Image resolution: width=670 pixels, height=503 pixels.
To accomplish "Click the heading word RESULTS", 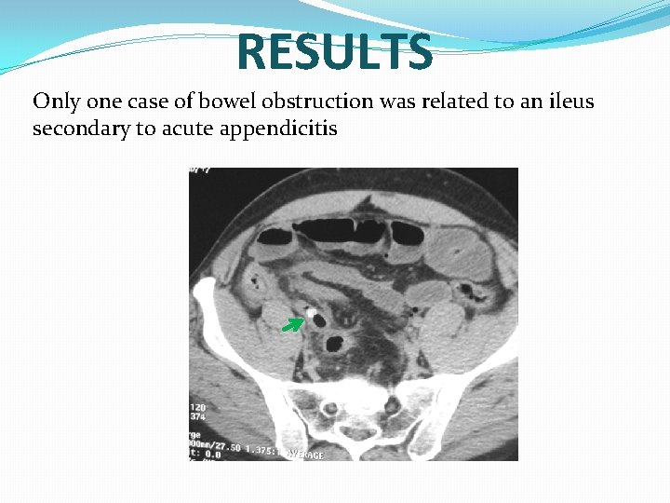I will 334,52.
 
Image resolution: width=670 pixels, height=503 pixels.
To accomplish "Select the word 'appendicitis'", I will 278,129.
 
